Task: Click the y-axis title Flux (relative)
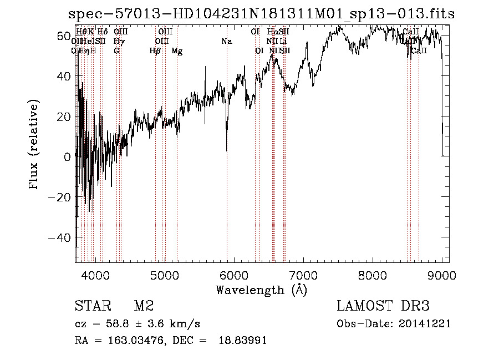click(34, 145)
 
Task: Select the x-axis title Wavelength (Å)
click(261, 290)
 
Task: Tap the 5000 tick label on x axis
click(165, 275)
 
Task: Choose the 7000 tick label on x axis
click(303, 275)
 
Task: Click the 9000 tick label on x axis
click(442, 275)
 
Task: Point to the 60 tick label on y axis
click(64, 36)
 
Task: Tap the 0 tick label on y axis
click(68, 157)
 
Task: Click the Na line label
click(226, 41)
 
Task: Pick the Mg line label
click(177, 51)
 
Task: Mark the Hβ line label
click(155, 51)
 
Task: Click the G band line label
click(116, 51)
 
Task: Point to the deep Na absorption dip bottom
click(227, 150)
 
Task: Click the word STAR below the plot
click(92, 306)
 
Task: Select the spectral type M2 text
click(144, 306)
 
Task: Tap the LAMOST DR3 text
click(383, 306)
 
